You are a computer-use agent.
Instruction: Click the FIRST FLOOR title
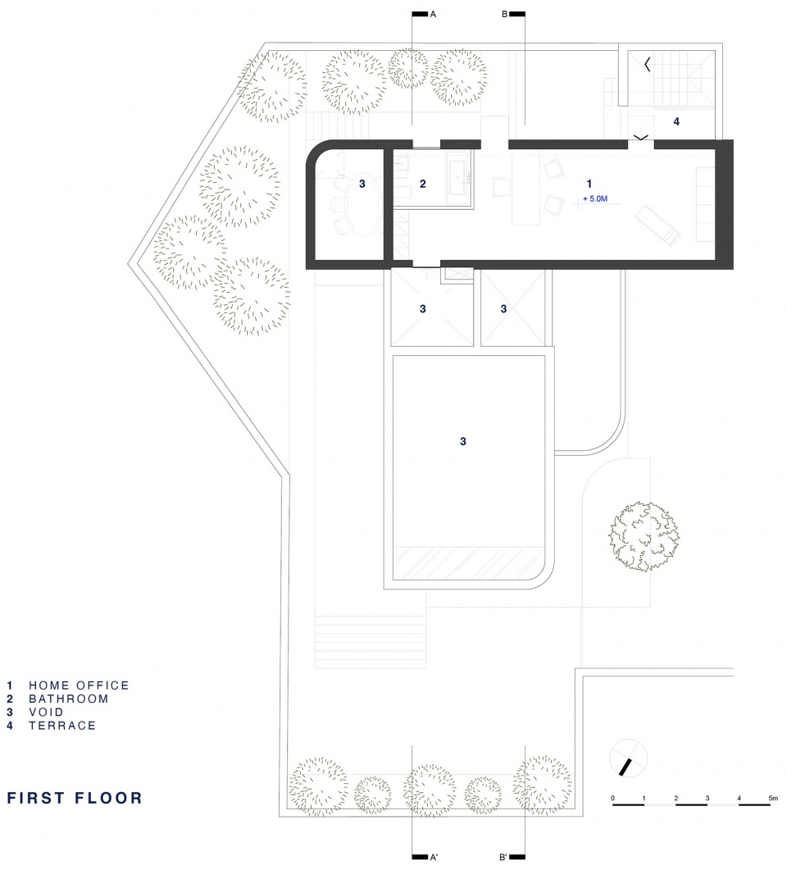pyautogui.click(x=75, y=798)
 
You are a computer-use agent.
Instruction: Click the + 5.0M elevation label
pyautogui.click(x=595, y=198)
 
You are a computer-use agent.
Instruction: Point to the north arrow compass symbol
pyautogui.click(x=629, y=758)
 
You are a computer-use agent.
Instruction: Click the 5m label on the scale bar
pyautogui.click(x=773, y=799)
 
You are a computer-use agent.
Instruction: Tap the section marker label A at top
pyautogui.click(x=433, y=15)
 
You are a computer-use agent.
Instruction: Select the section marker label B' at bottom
pyautogui.click(x=503, y=857)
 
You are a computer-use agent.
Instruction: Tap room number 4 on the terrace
pyautogui.click(x=676, y=121)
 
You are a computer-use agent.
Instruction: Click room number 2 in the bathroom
pyautogui.click(x=423, y=184)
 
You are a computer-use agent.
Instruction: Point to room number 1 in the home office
pyautogui.click(x=589, y=184)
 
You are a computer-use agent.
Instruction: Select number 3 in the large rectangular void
pyautogui.click(x=463, y=442)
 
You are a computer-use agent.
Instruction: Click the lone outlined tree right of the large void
pyautogui.click(x=644, y=536)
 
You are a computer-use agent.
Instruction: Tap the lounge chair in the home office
pyautogui.click(x=657, y=225)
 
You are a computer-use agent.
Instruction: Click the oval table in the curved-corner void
pyautogui.click(x=362, y=205)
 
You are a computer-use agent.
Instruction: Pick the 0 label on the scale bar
pyautogui.click(x=613, y=799)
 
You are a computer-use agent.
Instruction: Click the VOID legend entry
pyautogui.click(x=46, y=712)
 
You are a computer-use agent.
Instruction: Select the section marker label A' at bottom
pyautogui.click(x=433, y=857)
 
